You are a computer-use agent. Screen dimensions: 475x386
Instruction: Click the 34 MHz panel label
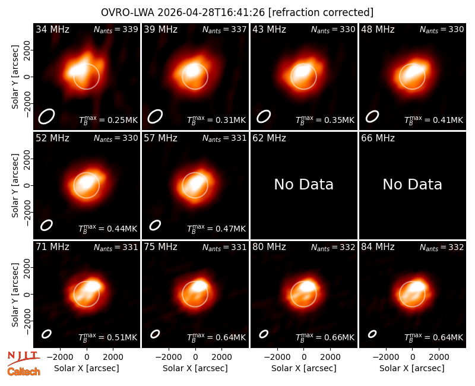click(x=52, y=29)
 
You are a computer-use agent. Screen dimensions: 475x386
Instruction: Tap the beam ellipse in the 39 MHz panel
click(x=155, y=116)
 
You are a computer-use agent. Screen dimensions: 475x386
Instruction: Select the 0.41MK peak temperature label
click(x=434, y=120)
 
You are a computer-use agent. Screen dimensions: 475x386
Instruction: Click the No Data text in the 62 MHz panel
click(x=304, y=184)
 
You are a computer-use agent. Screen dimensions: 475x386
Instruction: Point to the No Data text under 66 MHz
click(x=412, y=184)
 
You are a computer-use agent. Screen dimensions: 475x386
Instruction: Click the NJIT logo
click(x=23, y=359)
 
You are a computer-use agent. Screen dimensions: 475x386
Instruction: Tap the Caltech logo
click(x=24, y=372)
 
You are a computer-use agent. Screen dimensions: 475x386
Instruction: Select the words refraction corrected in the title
click(x=321, y=12)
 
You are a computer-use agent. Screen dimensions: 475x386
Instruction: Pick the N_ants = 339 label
click(x=116, y=29)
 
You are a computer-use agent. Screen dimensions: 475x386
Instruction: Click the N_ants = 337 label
click(x=224, y=29)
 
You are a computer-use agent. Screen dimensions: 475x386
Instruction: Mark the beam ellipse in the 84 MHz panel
click(x=372, y=334)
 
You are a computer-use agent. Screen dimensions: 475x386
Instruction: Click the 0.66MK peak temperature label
click(x=325, y=337)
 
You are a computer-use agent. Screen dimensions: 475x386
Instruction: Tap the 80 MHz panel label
click(x=270, y=247)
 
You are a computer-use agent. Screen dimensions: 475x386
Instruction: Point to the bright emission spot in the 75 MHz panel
click(x=200, y=286)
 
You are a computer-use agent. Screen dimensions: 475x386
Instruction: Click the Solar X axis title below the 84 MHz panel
click(x=412, y=368)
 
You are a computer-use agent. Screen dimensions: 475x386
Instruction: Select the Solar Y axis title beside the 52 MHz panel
click(x=15, y=185)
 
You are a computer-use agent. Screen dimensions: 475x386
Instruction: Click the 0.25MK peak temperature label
click(x=108, y=120)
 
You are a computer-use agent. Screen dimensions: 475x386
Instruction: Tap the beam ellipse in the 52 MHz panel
click(x=47, y=225)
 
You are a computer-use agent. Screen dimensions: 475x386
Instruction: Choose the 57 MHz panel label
click(x=160, y=138)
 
